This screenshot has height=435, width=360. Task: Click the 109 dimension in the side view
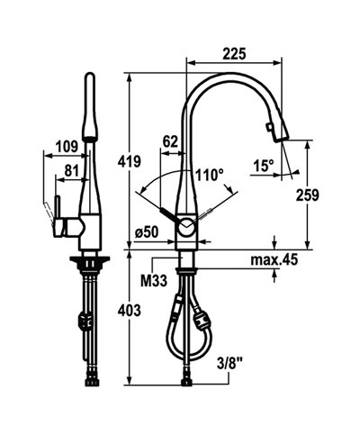(x=65, y=147)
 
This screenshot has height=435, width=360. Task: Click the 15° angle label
(x=263, y=166)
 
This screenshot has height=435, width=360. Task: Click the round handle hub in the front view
(x=184, y=227)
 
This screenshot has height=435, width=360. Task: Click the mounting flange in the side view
(x=90, y=261)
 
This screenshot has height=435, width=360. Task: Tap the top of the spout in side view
(x=89, y=90)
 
